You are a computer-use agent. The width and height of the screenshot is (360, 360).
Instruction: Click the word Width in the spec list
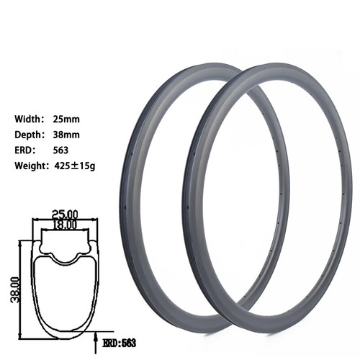point(28,120)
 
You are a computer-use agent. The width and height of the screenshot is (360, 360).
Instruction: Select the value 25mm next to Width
point(66,120)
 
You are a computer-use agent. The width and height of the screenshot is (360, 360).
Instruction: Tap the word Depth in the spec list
point(28,135)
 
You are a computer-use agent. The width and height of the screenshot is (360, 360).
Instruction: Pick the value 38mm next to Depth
point(66,135)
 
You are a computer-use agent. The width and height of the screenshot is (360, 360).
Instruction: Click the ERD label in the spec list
point(24,150)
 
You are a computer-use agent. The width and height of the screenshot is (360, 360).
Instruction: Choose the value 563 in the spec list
point(60,150)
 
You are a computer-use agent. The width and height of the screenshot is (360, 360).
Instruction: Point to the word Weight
point(30,166)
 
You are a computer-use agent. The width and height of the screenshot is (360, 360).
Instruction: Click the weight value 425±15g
point(75,166)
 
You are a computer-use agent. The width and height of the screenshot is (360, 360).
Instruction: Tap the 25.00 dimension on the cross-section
point(66,214)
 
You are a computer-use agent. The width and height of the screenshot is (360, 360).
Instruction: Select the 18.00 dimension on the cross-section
point(65,225)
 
